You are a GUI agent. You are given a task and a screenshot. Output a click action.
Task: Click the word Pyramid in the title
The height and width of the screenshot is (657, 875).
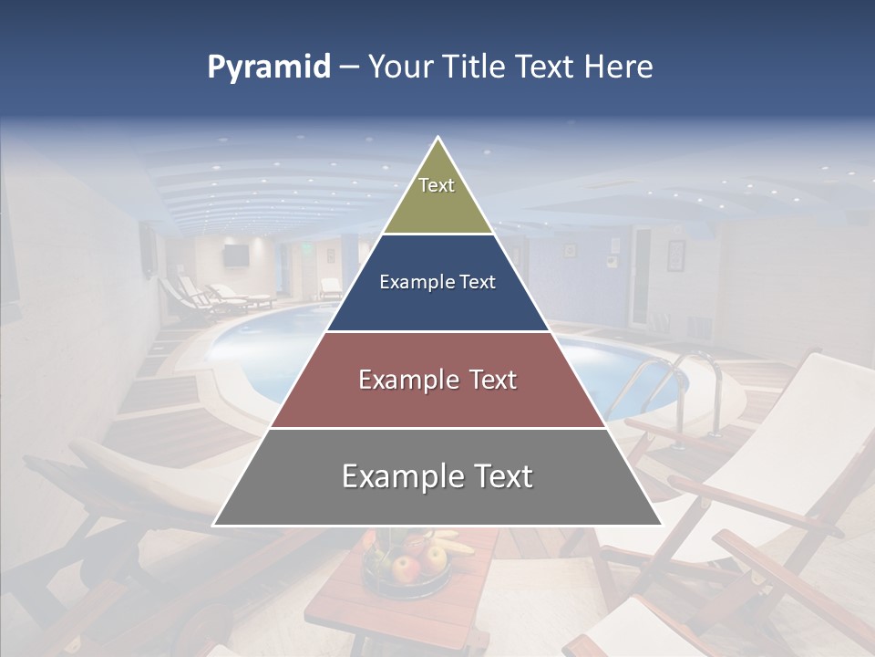pos(269,68)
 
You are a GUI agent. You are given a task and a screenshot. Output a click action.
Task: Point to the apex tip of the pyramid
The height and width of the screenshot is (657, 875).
pos(437,138)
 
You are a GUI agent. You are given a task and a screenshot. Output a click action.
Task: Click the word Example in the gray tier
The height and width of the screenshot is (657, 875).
pos(397,476)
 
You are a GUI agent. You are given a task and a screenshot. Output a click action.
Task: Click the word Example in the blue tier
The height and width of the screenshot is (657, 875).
pos(409,282)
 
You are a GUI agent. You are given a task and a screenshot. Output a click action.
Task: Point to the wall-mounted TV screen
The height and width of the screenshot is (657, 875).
pos(236,255)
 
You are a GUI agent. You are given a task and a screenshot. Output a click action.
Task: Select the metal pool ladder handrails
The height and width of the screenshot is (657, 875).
pos(665,383)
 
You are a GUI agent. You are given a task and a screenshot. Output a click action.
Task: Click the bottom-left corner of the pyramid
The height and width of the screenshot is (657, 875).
pos(213,526)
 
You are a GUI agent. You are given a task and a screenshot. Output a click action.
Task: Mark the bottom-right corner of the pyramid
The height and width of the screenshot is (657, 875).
pos(662,526)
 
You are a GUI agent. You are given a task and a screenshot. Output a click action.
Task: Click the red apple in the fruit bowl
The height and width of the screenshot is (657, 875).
pos(405,568)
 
